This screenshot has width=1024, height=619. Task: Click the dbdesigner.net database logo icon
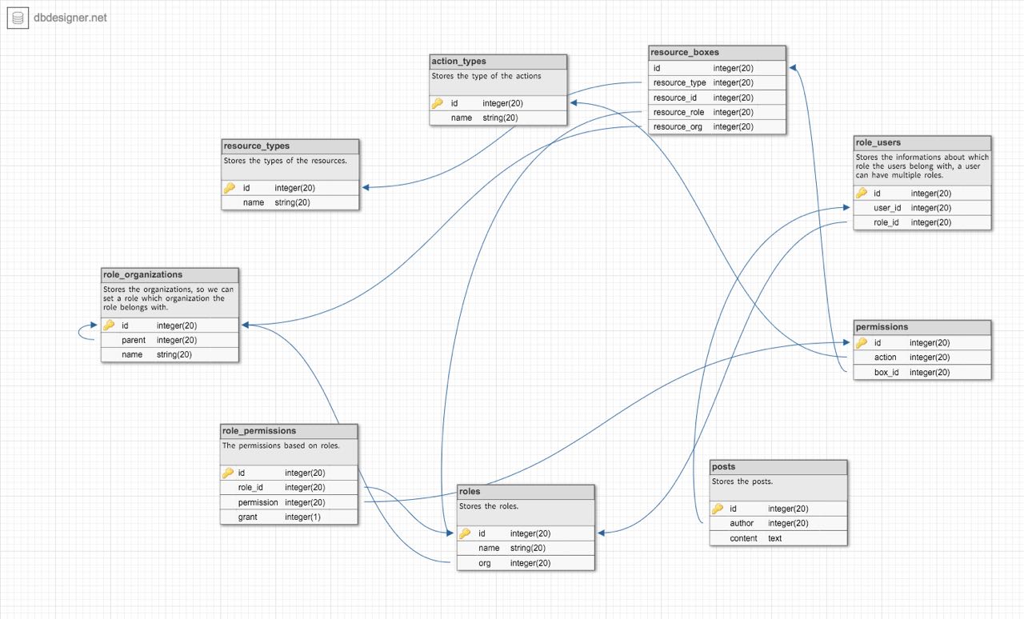tap(18, 18)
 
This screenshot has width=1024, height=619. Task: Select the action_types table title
tap(458, 62)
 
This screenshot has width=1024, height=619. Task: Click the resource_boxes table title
tap(684, 52)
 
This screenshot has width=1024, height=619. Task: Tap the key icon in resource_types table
tap(229, 187)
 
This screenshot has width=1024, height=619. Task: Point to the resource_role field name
tap(678, 113)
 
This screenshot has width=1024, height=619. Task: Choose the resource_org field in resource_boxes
tap(678, 126)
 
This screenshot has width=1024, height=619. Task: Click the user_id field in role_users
tap(887, 208)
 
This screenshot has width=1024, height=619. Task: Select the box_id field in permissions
tap(886, 372)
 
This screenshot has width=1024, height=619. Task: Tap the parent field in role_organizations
tap(134, 340)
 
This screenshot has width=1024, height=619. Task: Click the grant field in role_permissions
tap(247, 517)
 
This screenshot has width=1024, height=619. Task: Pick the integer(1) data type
tap(302, 517)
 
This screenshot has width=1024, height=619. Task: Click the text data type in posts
tap(774, 538)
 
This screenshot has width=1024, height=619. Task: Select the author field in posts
tap(742, 523)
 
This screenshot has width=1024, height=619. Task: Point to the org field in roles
tap(485, 563)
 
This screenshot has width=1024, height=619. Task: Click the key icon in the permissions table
tap(862, 342)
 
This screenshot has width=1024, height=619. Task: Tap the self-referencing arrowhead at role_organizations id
tap(94, 325)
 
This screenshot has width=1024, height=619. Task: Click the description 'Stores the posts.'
tap(742, 481)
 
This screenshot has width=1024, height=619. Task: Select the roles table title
tap(470, 492)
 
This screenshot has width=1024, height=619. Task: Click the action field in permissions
tap(885, 357)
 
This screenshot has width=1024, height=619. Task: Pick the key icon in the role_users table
tap(862, 193)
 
